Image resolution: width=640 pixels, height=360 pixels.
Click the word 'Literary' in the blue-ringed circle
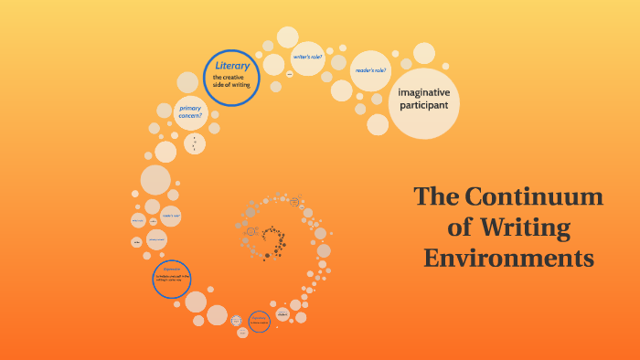point(230,66)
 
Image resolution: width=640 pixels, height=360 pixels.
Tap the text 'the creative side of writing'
point(230,81)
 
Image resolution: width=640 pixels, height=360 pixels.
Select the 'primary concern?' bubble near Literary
point(189,113)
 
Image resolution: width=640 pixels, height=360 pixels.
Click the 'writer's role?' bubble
point(307,58)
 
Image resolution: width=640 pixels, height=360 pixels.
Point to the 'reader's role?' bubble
point(371,70)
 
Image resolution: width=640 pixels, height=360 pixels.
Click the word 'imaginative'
point(423,91)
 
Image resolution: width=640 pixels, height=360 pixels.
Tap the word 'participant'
point(423,106)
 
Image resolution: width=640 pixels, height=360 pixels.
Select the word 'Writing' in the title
point(528,227)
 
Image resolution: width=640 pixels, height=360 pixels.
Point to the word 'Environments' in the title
point(508,257)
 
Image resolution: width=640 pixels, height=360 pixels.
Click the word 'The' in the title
point(435,196)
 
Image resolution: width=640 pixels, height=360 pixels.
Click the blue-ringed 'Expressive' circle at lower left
point(172,279)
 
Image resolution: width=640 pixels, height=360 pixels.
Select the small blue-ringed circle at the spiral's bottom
point(259,322)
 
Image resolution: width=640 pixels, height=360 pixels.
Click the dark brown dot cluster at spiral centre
point(272,242)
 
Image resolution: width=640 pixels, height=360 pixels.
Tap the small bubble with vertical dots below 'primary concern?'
point(194,143)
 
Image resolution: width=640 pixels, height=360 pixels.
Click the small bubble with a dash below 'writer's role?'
point(289,74)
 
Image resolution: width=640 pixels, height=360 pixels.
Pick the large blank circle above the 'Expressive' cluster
point(155,180)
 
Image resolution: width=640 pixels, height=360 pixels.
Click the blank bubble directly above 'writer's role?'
point(288,37)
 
